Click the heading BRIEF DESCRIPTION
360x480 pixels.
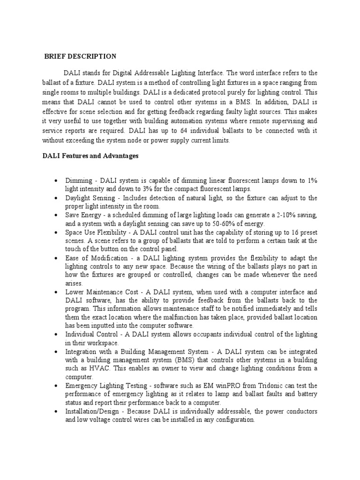(80, 57)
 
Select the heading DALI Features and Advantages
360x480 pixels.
(88, 156)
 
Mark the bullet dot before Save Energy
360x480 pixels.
(56, 215)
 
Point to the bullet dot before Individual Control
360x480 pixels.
(56, 335)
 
